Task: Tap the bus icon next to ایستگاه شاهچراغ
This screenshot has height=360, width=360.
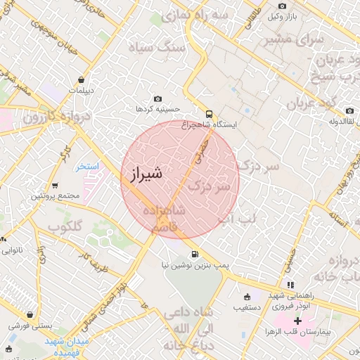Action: (x=208, y=114)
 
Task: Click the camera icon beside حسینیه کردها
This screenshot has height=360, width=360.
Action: (x=157, y=99)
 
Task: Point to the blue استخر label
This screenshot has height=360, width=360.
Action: (x=89, y=167)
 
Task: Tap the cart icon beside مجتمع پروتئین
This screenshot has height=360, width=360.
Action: (x=55, y=186)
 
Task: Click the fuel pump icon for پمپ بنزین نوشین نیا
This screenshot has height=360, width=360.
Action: (x=193, y=254)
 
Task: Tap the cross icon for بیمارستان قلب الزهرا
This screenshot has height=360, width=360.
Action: (x=297, y=321)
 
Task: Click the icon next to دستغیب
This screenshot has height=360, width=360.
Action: (x=245, y=296)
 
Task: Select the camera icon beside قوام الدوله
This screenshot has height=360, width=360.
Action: (x=349, y=111)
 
